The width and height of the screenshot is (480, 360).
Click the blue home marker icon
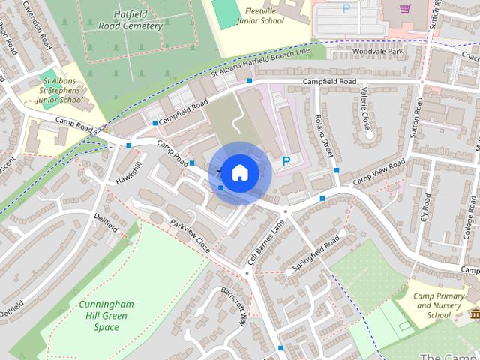[x=239, y=172]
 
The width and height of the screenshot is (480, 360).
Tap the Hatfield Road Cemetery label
[x=130, y=19]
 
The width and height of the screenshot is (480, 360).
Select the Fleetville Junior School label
[x=259, y=16]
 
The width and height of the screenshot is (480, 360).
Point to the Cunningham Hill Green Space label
[x=106, y=316]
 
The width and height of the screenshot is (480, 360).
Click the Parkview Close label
[x=191, y=234]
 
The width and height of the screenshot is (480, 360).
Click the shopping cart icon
[x=405, y=9]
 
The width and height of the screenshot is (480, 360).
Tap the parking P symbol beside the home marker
[x=286, y=161]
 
